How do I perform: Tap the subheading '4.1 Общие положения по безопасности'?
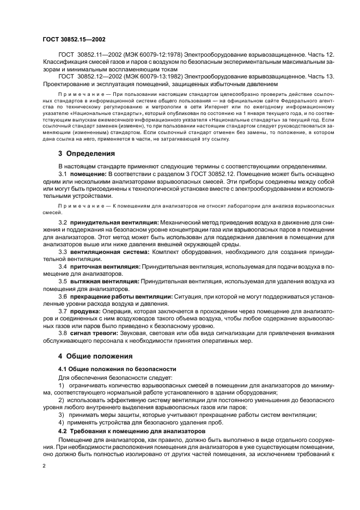click(109, 369)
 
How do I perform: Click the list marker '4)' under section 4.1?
click(62, 422)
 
